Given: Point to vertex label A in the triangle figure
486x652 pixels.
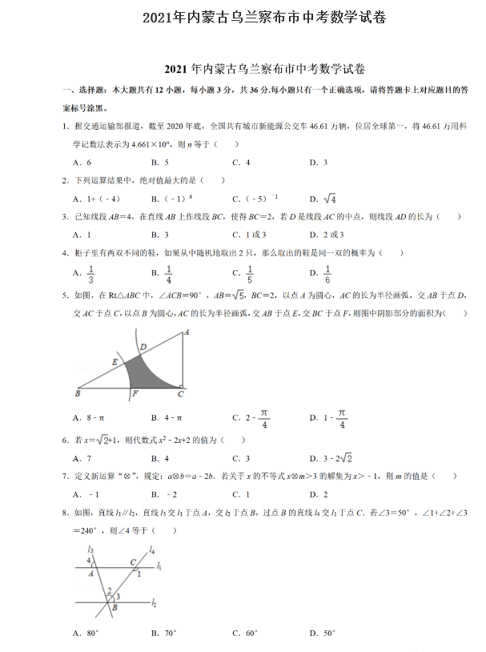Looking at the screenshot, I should pos(186,331).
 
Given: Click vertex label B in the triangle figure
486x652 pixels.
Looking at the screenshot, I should pos(77,394).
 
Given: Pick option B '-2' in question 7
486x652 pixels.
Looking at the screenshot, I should pos(169,494).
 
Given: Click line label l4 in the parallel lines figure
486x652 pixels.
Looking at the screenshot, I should pos(151,549).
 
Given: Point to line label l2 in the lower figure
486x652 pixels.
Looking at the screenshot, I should pos(153,602).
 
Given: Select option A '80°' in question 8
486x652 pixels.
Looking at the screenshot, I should pos(85,633).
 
